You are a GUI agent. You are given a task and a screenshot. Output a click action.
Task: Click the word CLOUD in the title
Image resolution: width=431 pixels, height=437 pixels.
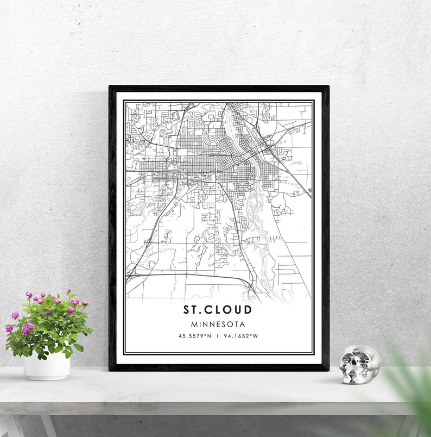click(x=231, y=310)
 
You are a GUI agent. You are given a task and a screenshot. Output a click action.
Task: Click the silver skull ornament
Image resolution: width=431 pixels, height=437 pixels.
click(x=359, y=365)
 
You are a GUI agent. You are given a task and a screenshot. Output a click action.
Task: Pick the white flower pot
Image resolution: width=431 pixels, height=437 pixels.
click(x=47, y=366)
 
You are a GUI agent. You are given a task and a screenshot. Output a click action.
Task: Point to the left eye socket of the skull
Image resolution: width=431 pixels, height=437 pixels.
click(x=349, y=361)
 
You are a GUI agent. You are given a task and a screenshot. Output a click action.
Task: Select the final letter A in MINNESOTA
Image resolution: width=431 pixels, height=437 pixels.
click(x=243, y=324)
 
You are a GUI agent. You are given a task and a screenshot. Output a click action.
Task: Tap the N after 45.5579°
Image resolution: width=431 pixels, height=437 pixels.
click(x=210, y=336)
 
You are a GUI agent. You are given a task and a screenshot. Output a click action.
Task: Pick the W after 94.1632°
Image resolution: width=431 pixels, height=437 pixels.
click(x=256, y=336)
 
